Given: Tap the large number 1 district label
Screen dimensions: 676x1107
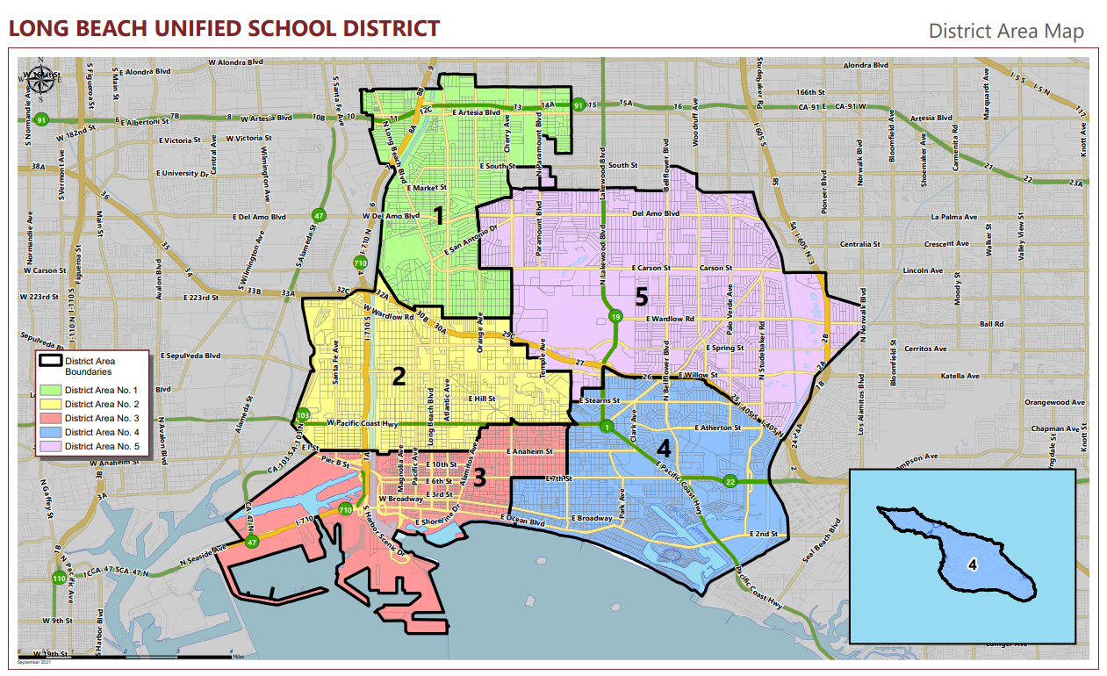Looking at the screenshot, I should tap(436, 214).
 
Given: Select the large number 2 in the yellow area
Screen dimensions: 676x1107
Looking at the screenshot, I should tap(399, 377).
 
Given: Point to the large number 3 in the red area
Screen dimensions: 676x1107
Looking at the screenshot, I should tap(479, 478).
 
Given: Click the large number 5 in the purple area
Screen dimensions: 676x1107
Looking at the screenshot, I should tap(642, 295).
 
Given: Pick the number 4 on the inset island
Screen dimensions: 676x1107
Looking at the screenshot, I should tap(973, 565).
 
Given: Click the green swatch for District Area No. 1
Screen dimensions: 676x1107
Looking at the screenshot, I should tap(51, 390).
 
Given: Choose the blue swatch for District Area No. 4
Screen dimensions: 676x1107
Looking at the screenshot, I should tap(51, 432).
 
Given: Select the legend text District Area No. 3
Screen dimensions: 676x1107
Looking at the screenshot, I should tap(102, 418).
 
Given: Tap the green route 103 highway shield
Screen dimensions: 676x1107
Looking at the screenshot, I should tap(303, 414).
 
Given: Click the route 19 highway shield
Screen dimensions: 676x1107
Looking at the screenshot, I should tap(616, 316).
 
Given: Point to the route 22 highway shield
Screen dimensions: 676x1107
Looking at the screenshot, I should tap(730, 481).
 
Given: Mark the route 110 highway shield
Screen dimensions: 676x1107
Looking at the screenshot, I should tap(59, 578).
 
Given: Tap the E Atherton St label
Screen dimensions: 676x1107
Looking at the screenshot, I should tap(717, 428).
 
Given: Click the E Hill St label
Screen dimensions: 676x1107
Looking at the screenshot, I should tap(482, 399).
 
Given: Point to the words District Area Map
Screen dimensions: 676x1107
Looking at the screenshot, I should tap(1005, 31).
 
